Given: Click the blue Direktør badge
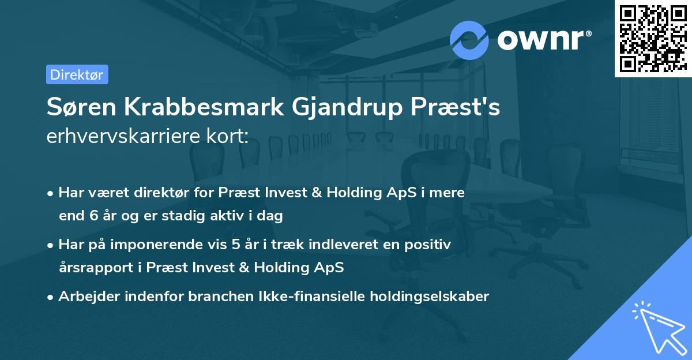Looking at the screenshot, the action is click(77, 74).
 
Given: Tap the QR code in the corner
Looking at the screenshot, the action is click(653, 38).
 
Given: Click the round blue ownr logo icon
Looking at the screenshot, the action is click(469, 40).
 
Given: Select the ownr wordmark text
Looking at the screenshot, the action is click(540, 40).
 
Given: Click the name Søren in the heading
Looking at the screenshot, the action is click(81, 107).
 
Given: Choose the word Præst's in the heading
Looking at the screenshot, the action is click(456, 107).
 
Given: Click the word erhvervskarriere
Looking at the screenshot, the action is click(123, 136).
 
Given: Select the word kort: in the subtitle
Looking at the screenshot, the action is click(228, 136).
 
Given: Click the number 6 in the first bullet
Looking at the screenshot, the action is click(94, 216).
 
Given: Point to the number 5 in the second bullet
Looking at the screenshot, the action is click(236, 245).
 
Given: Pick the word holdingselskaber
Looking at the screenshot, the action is click(430, 297).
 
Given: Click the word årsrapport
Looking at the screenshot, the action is click(96, 268).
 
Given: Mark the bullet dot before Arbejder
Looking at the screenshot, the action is click(50, 298).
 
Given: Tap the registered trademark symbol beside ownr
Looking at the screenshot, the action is click(588, 33).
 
